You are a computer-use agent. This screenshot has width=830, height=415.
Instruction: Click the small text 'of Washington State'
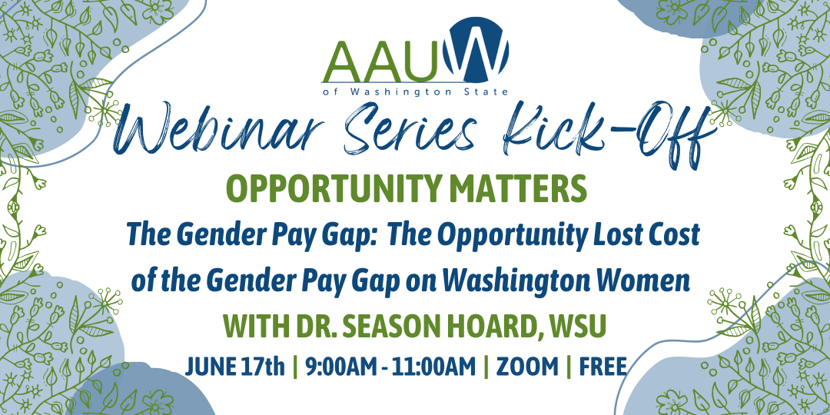(416, 91)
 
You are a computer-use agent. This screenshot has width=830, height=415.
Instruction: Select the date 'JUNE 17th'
(235, 367)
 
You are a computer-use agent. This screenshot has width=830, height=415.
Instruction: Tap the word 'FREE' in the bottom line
(603, 367)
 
